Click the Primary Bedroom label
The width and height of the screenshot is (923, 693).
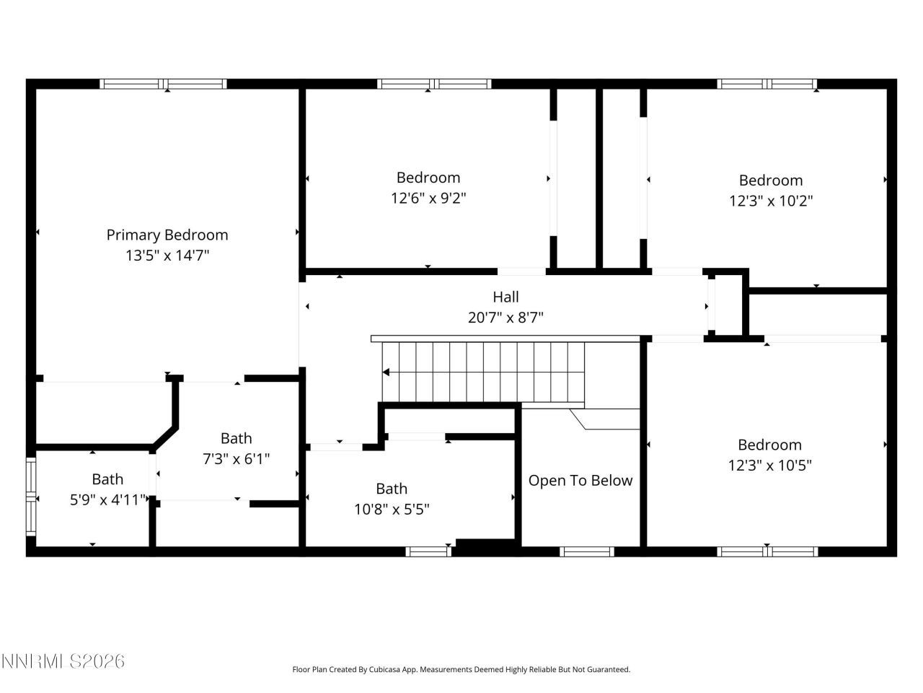pyautogui.click(x=167, y=235)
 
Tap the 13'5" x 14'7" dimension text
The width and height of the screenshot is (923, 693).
pyautogui.click(x=167, y=255)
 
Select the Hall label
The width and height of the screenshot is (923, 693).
pyautogui.click(x=505, y=297)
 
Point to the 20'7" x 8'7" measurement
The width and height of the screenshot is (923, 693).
pyautogui.click(x=505, y=317)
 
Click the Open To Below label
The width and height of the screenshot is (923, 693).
pyautogui.click(x=580, y=481)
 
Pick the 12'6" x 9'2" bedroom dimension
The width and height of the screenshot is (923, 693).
pyautogui.click(x=428, y=198)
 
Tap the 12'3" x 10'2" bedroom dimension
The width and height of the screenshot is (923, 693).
pyautogui.click(x=771, y=201)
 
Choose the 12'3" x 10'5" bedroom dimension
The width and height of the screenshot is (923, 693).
pyautogui.click(x=770, y=466)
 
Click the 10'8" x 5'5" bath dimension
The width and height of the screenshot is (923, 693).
pyautogui.click(x=392, y=509)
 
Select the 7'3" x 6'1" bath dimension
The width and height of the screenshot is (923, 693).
pyautogui.click(x=236, y=458)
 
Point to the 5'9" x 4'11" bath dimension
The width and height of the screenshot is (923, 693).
pyautogui.click(x=108, y=500)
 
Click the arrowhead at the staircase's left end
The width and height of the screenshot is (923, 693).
pyautogui.click(x=387, y=372)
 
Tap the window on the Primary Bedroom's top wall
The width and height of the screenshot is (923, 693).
pyautogui.click(x=163, y=84)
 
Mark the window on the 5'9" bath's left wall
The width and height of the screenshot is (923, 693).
pyautogui.click(x=31, y=497)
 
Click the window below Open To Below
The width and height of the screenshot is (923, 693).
pyautogui.click(x=587, y=552)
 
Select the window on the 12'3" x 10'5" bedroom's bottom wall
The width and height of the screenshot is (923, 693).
pyautogui.click(x=767, y=552)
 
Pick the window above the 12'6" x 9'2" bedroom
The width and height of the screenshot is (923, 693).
pyautogui.click(x=435, y=84)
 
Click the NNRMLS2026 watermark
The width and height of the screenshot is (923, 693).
pyautogui.click(x=63, y=661)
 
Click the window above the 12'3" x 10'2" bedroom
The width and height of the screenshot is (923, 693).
pyautogui.click(x=767, y=84)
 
